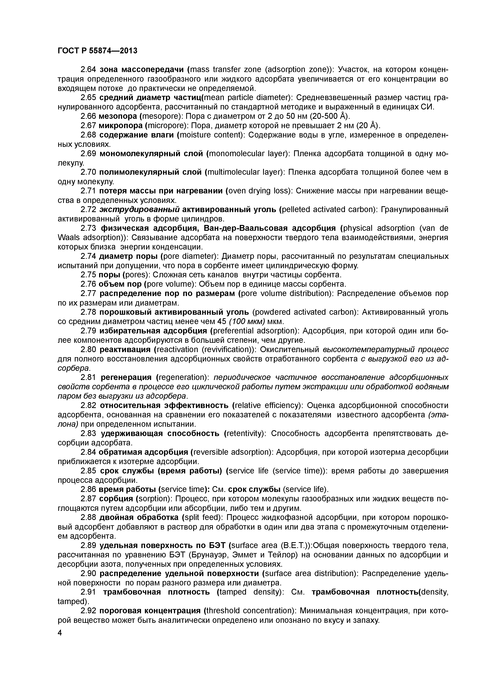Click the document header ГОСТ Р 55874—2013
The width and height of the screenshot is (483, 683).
(97, 51)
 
